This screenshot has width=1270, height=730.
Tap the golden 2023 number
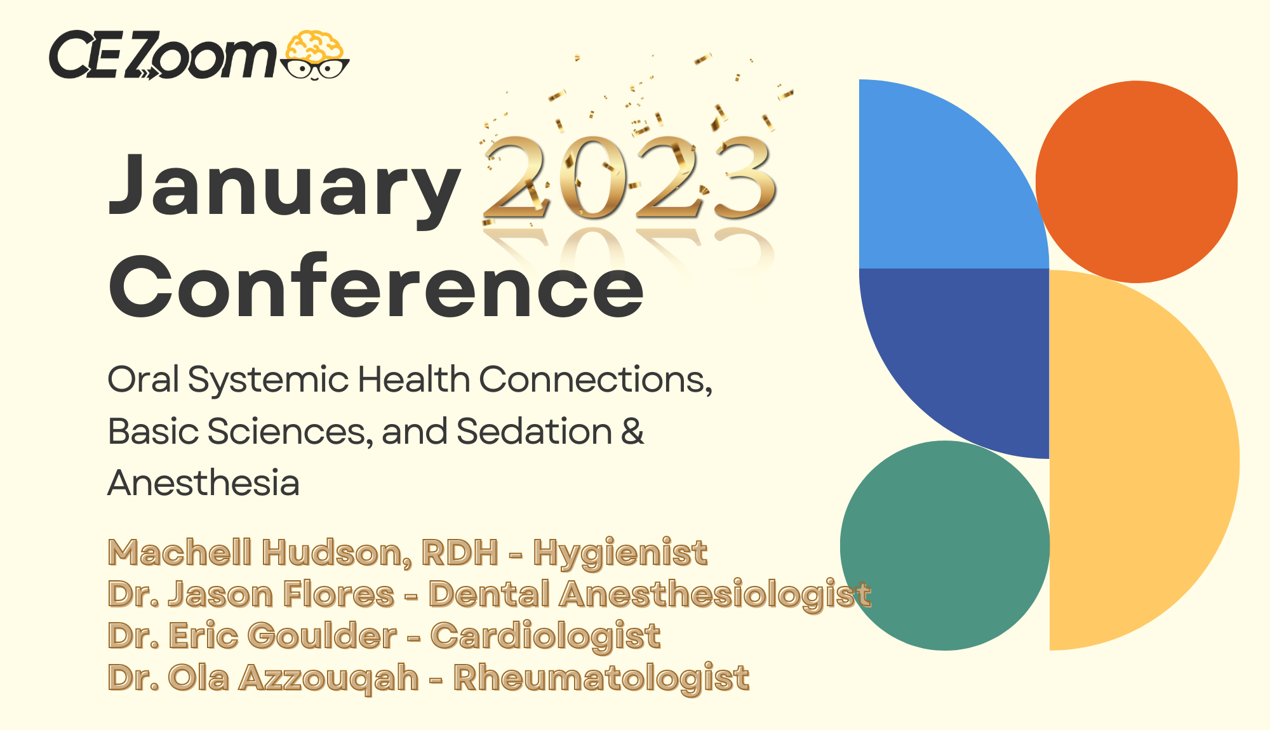629,178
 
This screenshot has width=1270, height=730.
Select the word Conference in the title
377,286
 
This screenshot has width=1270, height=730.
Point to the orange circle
1137,182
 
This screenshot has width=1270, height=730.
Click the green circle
945,545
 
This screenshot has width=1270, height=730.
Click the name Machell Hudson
259,552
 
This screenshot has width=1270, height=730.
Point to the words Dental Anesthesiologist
650,595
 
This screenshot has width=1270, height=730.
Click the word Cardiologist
545,637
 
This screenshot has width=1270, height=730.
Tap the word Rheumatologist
601,678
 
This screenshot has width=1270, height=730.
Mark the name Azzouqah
329,678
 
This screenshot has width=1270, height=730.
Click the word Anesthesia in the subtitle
203,483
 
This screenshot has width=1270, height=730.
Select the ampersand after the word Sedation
632,432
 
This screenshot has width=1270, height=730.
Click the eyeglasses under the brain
316,69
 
